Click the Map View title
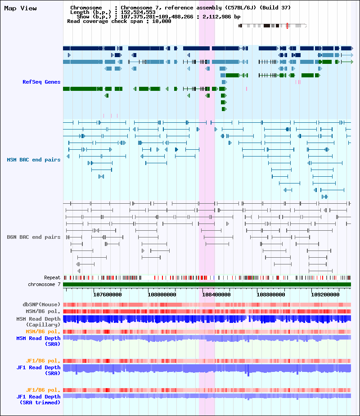pyautogui.click(x=20, y=8)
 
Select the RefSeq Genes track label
pyautogui.click(x=41, y=82)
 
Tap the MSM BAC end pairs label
pyautogui.click(x=34, y=160)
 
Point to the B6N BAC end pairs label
pyautogui.click(x=34, y=237)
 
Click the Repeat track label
pyautogui.click(x=52, y=278)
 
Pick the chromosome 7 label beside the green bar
pyautogui.click(x=45, y=284)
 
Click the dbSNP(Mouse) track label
pyautogui.click(x=42, y=304)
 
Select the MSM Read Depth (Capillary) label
pyautogui.click(x=39, y=322)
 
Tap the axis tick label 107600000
pyautogui.click(x=108, y=295)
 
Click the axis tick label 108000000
pyautogui.click(x=162, y=295)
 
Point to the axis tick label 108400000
pyautogui.click(x=216, y=295)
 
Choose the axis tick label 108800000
pyautogui.click(x=271, y=295)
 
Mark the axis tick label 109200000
pyautogui.click(x=325, y=295)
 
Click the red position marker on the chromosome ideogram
pyautogui.click(x=287, y=26)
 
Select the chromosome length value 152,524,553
pyautogui.click(x=138, y=12)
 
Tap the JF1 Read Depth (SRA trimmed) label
pyautogui.click(x=39, y=399)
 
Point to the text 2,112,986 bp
pyautogui.click(x=222, y=17)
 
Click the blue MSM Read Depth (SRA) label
pyautogui.click(x=39, y=341)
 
